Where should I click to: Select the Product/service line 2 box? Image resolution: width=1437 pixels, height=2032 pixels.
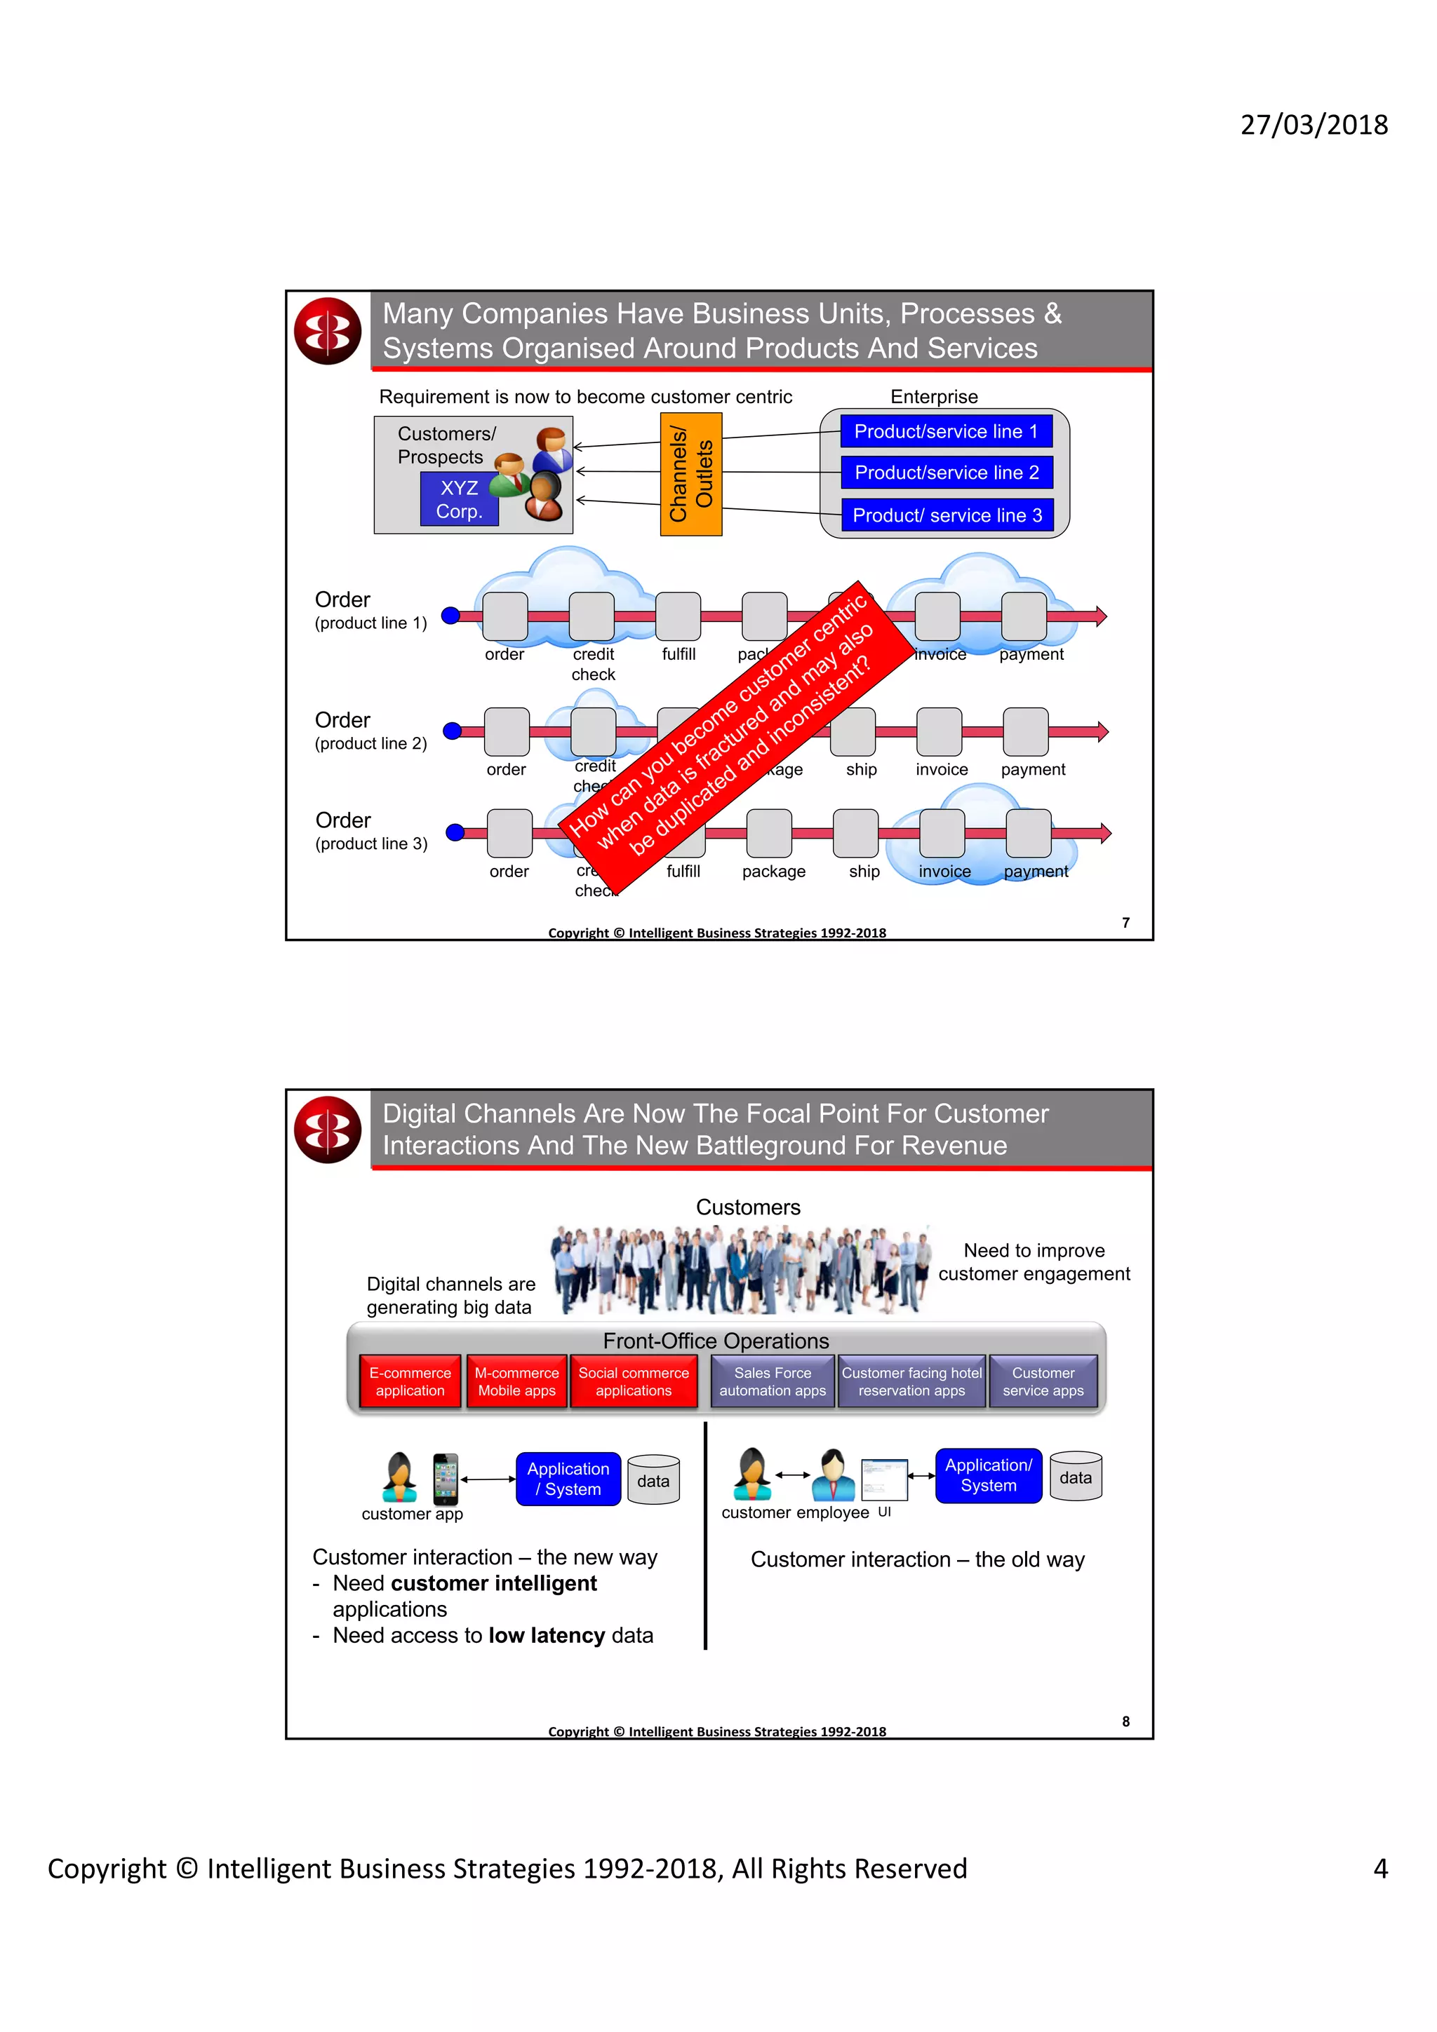click(x=946, y=473)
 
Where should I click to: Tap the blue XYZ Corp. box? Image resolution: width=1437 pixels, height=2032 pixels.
click(x=459, y=500)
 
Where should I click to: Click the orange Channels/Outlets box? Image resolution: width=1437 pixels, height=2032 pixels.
click(x=690, y=475)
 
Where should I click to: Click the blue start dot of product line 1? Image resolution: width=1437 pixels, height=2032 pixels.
click(x=450, y=615)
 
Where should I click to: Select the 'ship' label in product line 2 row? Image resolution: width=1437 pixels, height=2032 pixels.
click(x=861, y=770)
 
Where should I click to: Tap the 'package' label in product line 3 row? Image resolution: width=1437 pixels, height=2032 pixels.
click(x=773, y=872)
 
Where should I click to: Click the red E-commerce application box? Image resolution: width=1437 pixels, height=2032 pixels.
click(x=410, y=1381)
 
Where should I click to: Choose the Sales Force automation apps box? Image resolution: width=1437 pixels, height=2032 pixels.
click(x=772, y=1381)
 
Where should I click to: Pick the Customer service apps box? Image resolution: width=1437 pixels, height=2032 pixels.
click(x=1042, y=1381)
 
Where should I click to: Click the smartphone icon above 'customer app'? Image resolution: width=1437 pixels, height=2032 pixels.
click(x=446, y=1479)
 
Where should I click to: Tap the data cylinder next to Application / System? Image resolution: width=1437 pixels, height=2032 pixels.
click(x=653, y=1479)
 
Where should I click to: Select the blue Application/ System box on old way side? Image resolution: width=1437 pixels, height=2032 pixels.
click(x=988, y=1475)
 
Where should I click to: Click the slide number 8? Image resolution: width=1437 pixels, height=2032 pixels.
click(x=1125, y=1721)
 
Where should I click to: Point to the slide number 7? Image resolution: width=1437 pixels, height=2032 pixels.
click(x=1125, y=922)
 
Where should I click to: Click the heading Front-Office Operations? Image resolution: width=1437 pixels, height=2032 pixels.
click(x=716, y=1341)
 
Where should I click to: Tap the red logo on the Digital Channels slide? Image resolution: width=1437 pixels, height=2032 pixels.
click(x=328, y=1130)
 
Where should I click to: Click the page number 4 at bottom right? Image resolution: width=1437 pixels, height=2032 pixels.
click(x=1379, y=1868)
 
